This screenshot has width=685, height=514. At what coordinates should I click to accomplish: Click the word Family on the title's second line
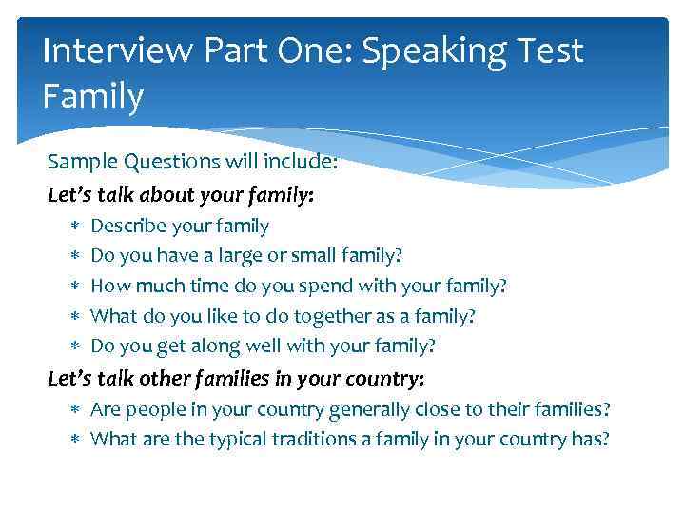click(93, 95)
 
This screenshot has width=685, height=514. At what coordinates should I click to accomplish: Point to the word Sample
click(81, 161)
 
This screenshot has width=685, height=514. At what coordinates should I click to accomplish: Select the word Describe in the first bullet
click(128, 227)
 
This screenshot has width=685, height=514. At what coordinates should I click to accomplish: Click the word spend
click(341, 286)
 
